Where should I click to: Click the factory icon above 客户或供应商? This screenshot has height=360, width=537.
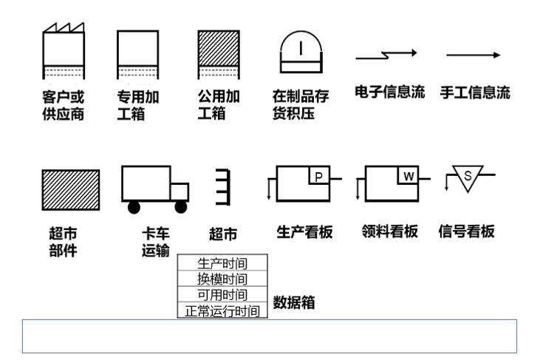pyautogui.click(x=64, y=52)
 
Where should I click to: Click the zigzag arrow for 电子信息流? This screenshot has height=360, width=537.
pyautogui.click(x=386, y=55)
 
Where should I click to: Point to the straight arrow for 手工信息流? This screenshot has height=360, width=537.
pyautogui.click(x=473, y=55)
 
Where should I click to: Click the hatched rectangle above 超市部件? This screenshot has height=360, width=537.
pyautogui.click(x=70, y=190)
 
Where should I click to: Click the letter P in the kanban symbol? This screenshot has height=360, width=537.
pyautogui.click(x=318, y=176)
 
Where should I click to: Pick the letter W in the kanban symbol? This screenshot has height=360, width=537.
pyautogui.click(x=408, y=176)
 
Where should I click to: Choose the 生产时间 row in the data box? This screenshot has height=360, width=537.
pyautogui.click(x=222, y=263)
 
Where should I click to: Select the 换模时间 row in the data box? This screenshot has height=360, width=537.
pyautogui.click(x=222, y=279)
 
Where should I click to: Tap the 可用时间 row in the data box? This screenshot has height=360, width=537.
pyautogui.click(x=222, y=295)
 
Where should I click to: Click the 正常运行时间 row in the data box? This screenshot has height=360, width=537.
pyautogui.click(x=222, y=311)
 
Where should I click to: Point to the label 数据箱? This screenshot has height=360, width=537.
pyautogui.click(x=295, y=302)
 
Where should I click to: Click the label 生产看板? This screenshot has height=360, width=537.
pyautogui.click(x=304, y=231)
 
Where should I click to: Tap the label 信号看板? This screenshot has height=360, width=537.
pyautogui.click(x=466, y=231)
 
